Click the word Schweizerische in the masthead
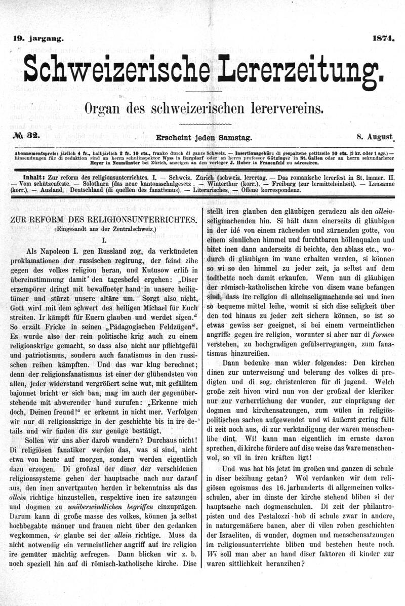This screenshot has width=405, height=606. (x=117, y=69)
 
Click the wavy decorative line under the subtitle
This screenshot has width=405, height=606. (x=205, y=124)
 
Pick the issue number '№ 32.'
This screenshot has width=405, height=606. (x=29, y=136)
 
